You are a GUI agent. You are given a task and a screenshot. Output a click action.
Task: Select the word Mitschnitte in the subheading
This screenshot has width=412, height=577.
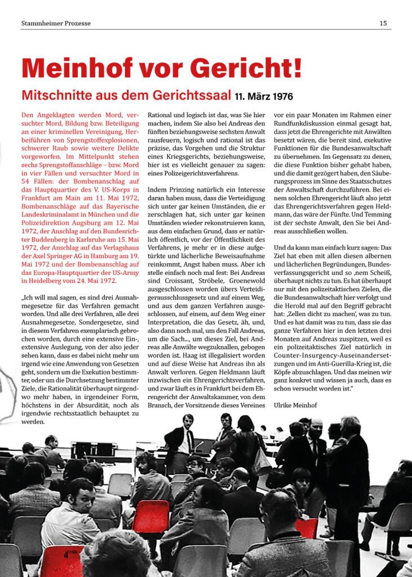pos(51,95)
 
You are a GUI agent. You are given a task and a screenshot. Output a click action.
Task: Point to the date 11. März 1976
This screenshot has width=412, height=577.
pos(264,96)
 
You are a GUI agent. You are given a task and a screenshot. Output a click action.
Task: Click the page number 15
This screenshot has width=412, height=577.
pos(383,23)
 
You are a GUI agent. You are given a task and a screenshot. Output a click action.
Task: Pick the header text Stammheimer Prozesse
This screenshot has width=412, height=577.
pos(56,23)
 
